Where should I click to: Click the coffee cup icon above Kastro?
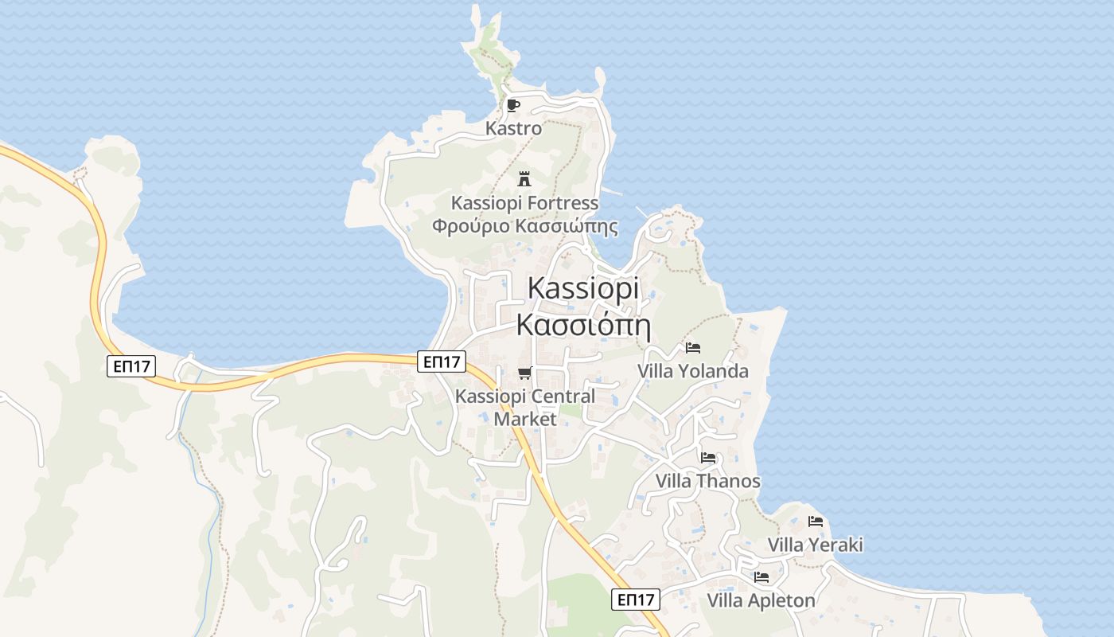point(513,105)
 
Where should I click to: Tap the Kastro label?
point(514,128)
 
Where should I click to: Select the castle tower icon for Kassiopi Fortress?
point(524,178)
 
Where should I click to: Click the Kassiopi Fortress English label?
point(524,202)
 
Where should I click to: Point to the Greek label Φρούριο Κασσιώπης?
point(524,226)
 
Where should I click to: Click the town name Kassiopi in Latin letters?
point(583,288)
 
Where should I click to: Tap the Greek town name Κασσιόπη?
point(583,325)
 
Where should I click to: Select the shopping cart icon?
point(524,373)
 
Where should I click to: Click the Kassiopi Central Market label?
point(524,407)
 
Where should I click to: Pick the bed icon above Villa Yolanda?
point(693,348)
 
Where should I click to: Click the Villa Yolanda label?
point(693,371)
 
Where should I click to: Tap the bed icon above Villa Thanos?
point(708,458)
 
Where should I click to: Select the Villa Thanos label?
point(708,481)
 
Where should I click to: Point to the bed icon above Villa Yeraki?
point(816,522)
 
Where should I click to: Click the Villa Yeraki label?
point(816,545)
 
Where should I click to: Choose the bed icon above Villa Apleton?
point(761,577)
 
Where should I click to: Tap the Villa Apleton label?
point(761,600)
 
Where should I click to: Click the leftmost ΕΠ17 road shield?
point(131,366)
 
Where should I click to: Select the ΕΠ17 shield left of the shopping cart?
point(442,361)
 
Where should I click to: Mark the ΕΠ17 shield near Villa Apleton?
point(636,600)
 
